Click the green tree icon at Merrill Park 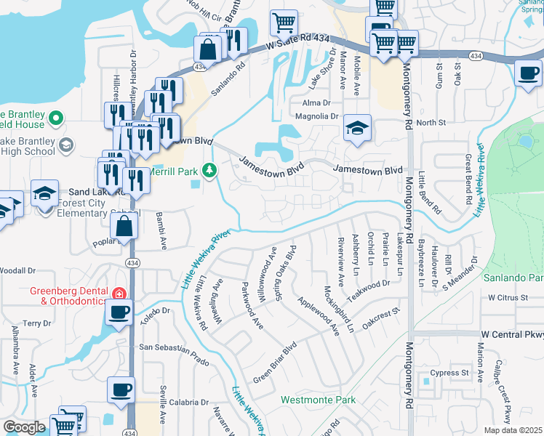(209, 171)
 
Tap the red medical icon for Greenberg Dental (119, 294)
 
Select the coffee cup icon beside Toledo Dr (119, 312)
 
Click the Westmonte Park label (318, 400)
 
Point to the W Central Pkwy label (512, 334)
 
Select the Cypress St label (449, 374)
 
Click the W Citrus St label (512, 298)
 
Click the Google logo (24, 427)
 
